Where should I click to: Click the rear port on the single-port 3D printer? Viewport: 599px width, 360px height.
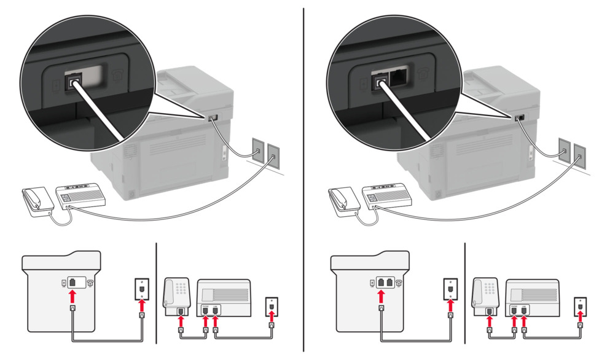(x=213, y=117)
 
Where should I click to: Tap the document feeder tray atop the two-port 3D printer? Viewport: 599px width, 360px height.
(x=485, y=82)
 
